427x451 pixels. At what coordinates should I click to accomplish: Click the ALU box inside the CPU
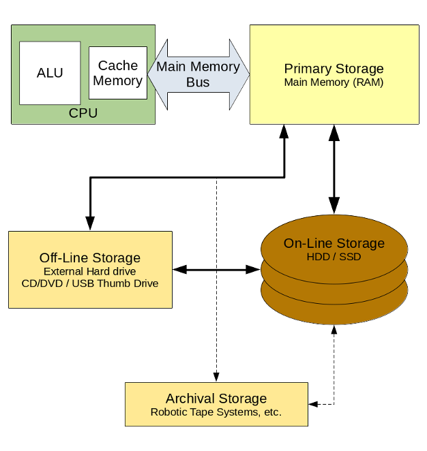point(50,73)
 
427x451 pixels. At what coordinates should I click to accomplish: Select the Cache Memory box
point(118,73)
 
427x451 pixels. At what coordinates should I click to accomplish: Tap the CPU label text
point(83,113)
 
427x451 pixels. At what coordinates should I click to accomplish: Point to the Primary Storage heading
point(334,69)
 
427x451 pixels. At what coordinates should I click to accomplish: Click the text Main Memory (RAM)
point(334,82)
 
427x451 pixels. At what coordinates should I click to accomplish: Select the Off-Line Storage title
point(90,258)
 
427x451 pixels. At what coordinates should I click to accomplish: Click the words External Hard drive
point(90,272)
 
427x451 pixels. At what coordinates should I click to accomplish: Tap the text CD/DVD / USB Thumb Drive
point(90,283)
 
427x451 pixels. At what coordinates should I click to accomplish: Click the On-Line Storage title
point(334,243)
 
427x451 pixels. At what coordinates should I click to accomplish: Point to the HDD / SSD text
point(334,257)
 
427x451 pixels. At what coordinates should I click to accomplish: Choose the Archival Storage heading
point(216,399)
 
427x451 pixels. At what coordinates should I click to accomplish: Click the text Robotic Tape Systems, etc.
point(216,412)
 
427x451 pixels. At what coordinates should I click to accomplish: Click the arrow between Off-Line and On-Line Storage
point(216,270)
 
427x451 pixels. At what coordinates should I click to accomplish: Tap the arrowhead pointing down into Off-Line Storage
point(90,223)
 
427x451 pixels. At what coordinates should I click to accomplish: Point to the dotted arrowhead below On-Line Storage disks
point(334,331)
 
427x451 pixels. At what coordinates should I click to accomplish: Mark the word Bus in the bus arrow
point(198,82)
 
